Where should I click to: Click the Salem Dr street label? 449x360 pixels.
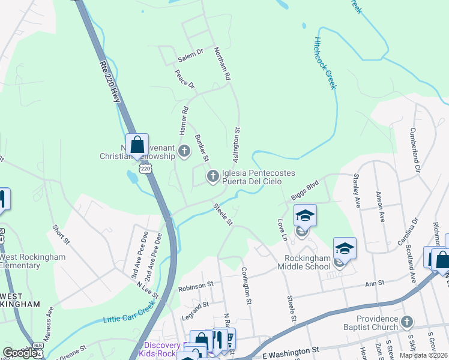[x=191, y=59]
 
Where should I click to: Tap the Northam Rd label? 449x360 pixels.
[x=222, y=64]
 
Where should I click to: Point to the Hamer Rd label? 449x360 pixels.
[x=184, y=120]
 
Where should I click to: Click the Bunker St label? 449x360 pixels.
[x=201, y=148]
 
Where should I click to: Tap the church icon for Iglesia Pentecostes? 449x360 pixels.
[x=212, y=176]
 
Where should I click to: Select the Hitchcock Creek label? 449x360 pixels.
[x=324, y=63]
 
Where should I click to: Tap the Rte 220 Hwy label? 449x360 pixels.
[x=109, y=81]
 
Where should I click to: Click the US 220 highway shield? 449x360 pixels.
[x=146, y=170]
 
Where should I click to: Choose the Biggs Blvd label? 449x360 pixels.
[x=305, y=192]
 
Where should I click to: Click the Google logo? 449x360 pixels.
[x=20, y=353]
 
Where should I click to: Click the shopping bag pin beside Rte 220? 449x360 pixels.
[x=137, y=146]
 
